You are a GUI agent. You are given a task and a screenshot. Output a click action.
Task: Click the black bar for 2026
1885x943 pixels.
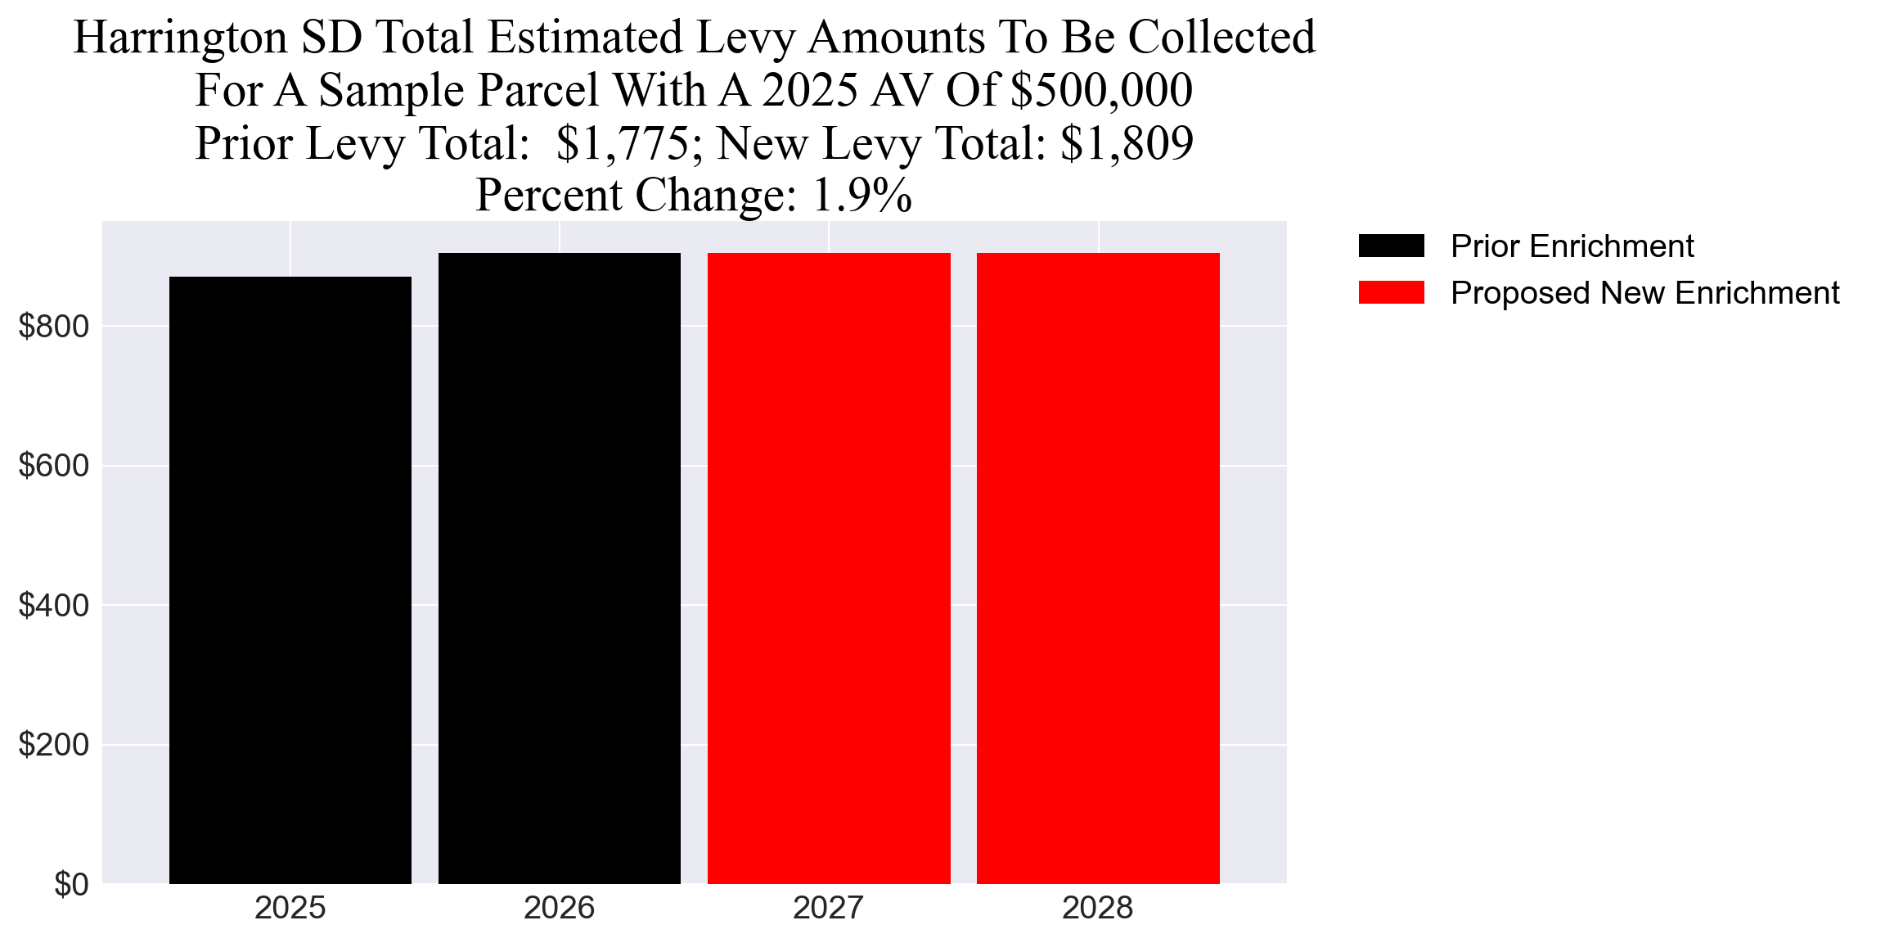pyautogui.click(x=559, y=568)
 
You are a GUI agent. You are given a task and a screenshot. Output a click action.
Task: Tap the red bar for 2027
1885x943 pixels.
pyautogui.click(x=829, y=568)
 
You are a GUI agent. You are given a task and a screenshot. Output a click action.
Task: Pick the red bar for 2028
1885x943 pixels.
pyautogui.click(x=1098, y=568)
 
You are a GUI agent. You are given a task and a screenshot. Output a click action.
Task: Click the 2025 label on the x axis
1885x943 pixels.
pyautogui.click(x=290, y=909)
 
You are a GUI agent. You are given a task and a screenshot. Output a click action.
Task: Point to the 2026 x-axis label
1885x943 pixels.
pyautogui.click(x=559, y=909)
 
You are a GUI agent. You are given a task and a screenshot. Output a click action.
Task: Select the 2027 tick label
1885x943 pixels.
pyautogui.click(x=829, y=909)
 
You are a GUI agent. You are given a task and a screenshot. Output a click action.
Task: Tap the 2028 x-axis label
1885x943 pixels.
pyautogui.click(x=1098, y=909)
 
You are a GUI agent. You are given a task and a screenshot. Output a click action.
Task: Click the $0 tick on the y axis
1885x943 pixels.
pyautogui.click(x=71, y=885)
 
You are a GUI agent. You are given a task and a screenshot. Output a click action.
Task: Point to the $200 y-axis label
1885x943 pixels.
pyautogui.click(x=53, y=745)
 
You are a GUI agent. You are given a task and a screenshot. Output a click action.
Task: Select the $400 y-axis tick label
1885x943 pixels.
pyautogui.click(x=53, y=606)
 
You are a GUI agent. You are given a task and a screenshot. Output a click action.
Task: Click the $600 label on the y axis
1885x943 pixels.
pyautogui.click(x=53, y=466)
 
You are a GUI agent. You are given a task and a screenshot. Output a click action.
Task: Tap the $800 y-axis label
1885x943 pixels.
pyautogui.click(x=53, y=327)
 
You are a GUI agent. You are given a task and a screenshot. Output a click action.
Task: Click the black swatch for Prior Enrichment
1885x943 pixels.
pyautogui.click(x=1391, y=246)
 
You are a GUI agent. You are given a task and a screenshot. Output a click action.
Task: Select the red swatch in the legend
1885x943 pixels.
pyautogui.click(x=1391, y=292)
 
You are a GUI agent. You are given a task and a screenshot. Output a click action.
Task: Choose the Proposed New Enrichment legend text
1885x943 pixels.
pyautogui.click(x=1644, y=293)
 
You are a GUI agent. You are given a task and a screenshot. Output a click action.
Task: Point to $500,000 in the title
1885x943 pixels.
pyautogui.click(x=1101, y=90)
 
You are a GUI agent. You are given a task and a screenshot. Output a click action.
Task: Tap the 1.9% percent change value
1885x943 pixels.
pyautogui.click(x=862, y=196)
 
